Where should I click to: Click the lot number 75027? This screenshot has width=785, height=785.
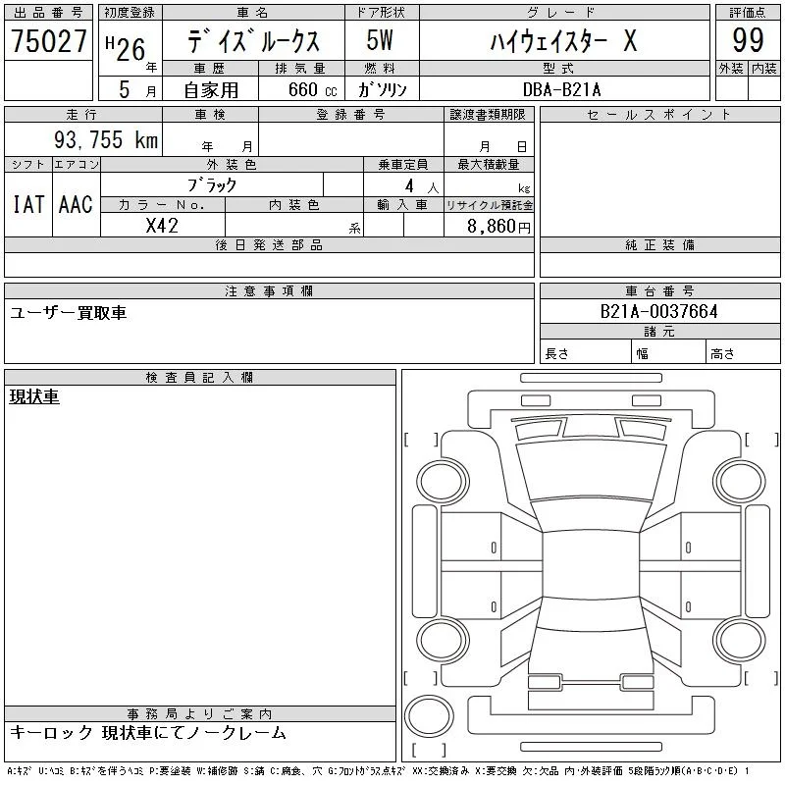(48, 41)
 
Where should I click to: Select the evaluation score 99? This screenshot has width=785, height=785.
(748, 40)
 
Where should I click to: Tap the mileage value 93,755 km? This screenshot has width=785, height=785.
(106, 139)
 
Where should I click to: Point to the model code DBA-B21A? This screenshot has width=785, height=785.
(561, 89)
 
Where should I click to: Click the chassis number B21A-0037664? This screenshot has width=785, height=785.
(658, 311)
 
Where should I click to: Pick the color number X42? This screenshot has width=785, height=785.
(162, 226)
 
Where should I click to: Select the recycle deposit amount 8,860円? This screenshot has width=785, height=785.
(498, 227)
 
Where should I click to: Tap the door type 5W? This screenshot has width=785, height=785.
(380, 40)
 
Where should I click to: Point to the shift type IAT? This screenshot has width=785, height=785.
(28, 204)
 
